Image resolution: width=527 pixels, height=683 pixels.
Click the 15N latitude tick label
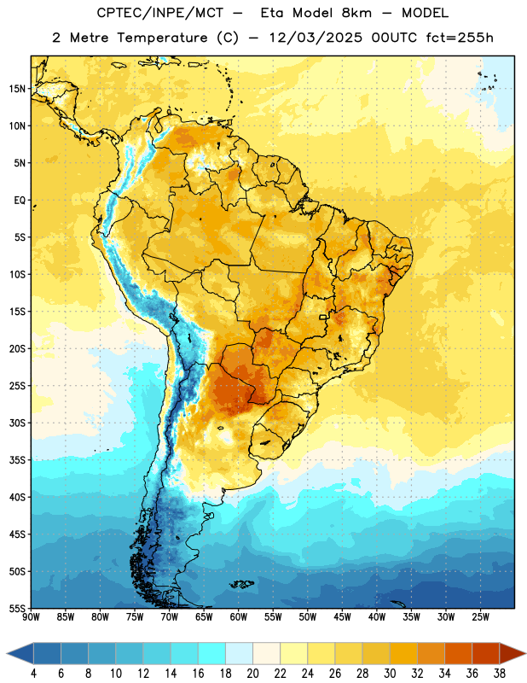point(17,89)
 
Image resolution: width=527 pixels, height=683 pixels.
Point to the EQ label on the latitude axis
point(20,201)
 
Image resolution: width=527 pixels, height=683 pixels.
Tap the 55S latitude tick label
point(17,608)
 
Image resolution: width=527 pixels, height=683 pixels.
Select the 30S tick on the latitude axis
point(17,423)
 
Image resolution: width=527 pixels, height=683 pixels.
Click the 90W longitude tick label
point(31,616)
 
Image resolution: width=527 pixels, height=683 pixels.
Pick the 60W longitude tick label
point(239,616)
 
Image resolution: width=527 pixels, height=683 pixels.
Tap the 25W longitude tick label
point(480,616)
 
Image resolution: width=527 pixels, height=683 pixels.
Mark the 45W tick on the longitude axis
point(343,616)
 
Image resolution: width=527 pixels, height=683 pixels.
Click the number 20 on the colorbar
point(252,674)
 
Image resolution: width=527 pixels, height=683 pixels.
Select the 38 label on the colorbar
point(500,674)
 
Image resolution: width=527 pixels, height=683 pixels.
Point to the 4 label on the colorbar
point(33,674)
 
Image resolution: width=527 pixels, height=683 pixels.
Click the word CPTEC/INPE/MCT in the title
point(160,13)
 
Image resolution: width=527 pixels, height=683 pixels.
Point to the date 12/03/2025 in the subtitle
point(316,38)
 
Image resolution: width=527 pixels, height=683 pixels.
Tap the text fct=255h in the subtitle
point(460,38)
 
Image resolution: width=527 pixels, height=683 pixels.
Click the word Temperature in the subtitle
point(162,38)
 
